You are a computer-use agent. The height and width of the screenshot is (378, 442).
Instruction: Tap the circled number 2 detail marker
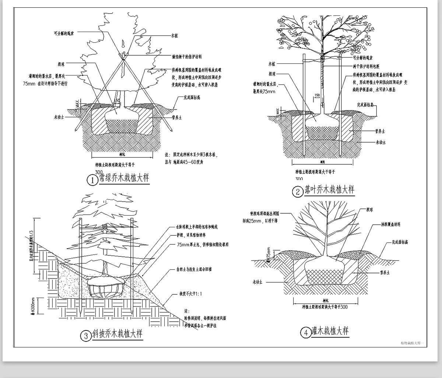coord(297,192)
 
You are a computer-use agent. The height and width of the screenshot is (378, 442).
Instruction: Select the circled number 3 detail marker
coord(85,336)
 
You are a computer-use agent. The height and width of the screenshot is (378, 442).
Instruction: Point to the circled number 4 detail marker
coord(306,333)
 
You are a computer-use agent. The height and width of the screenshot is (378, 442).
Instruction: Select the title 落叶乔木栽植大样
coord(329,190)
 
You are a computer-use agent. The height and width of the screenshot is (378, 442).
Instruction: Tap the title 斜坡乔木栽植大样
coord(117,335)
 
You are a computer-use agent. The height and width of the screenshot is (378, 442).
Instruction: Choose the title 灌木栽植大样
coord(330,331)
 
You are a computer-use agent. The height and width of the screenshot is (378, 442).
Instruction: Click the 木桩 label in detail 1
coord(174,36)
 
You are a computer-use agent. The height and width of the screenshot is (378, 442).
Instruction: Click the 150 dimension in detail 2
coord(317,96)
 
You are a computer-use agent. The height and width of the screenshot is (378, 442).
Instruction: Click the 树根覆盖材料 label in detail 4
coord(391,224)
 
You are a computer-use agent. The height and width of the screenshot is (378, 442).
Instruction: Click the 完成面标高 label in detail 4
coord(400,242)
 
